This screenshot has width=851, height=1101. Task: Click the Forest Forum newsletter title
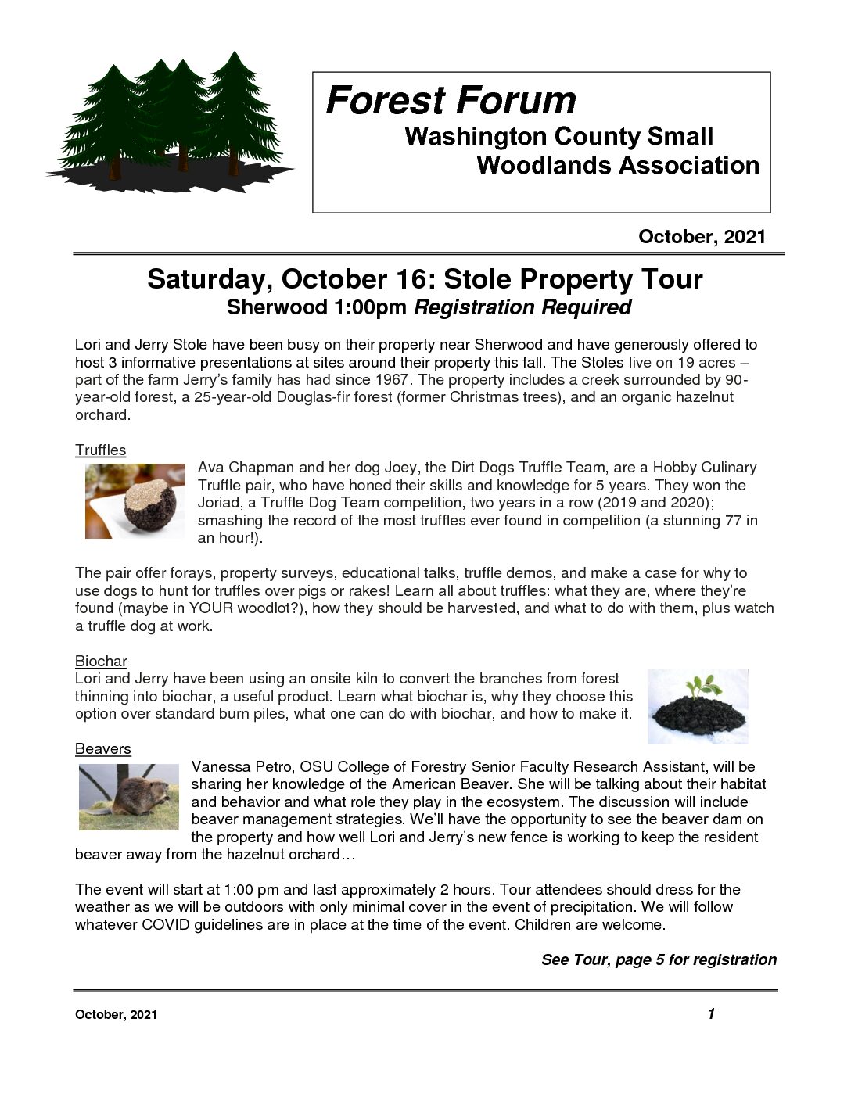451,101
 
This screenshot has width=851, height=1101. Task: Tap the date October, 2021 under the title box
702,237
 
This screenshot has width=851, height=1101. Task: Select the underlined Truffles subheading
100,450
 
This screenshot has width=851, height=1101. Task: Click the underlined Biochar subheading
100,661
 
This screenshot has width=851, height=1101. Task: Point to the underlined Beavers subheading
102,748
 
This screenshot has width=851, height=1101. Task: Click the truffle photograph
135,500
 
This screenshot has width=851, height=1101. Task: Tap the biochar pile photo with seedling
698,706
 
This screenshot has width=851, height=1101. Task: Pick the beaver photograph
128,797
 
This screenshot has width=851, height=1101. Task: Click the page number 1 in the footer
711,1013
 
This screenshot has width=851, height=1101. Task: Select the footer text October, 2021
116,1015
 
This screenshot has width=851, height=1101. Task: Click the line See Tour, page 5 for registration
659,959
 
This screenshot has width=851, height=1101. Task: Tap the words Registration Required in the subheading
522,307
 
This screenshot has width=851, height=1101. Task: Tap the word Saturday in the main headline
211,279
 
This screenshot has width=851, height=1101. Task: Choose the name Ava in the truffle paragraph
210,467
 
